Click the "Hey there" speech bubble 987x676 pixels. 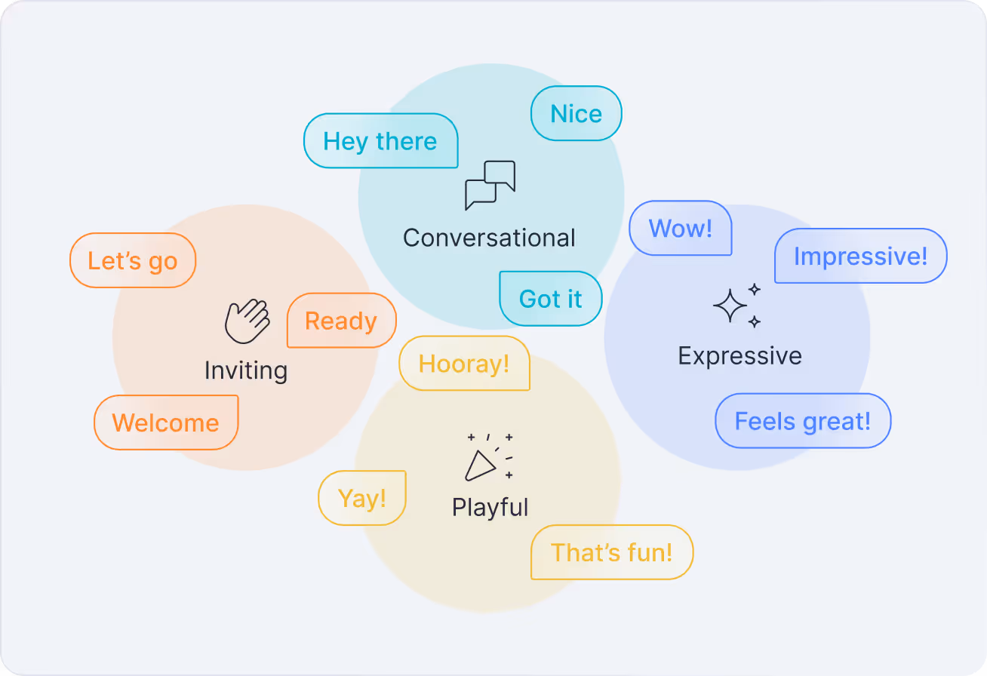(380, 141)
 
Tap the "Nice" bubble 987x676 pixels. (577, 114)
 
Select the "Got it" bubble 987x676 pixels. (551, 299)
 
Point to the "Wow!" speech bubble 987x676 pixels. (681, 228)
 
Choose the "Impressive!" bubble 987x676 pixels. (860, 257)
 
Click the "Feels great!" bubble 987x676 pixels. (803, 421)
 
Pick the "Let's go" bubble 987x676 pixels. (133, 260)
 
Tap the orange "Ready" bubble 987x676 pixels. (341, 321)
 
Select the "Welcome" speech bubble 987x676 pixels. (166, 422)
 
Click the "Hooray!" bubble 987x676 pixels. (464, 364)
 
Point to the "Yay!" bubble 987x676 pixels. (362, 498)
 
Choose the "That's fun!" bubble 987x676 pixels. (611, 552)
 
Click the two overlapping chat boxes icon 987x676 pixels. (490, 185)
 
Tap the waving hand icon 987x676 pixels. (248, 321)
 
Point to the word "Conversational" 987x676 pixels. (489, 238)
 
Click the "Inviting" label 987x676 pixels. (246, 370)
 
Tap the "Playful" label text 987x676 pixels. (490, 507)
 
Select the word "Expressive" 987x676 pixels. (739, 355)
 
